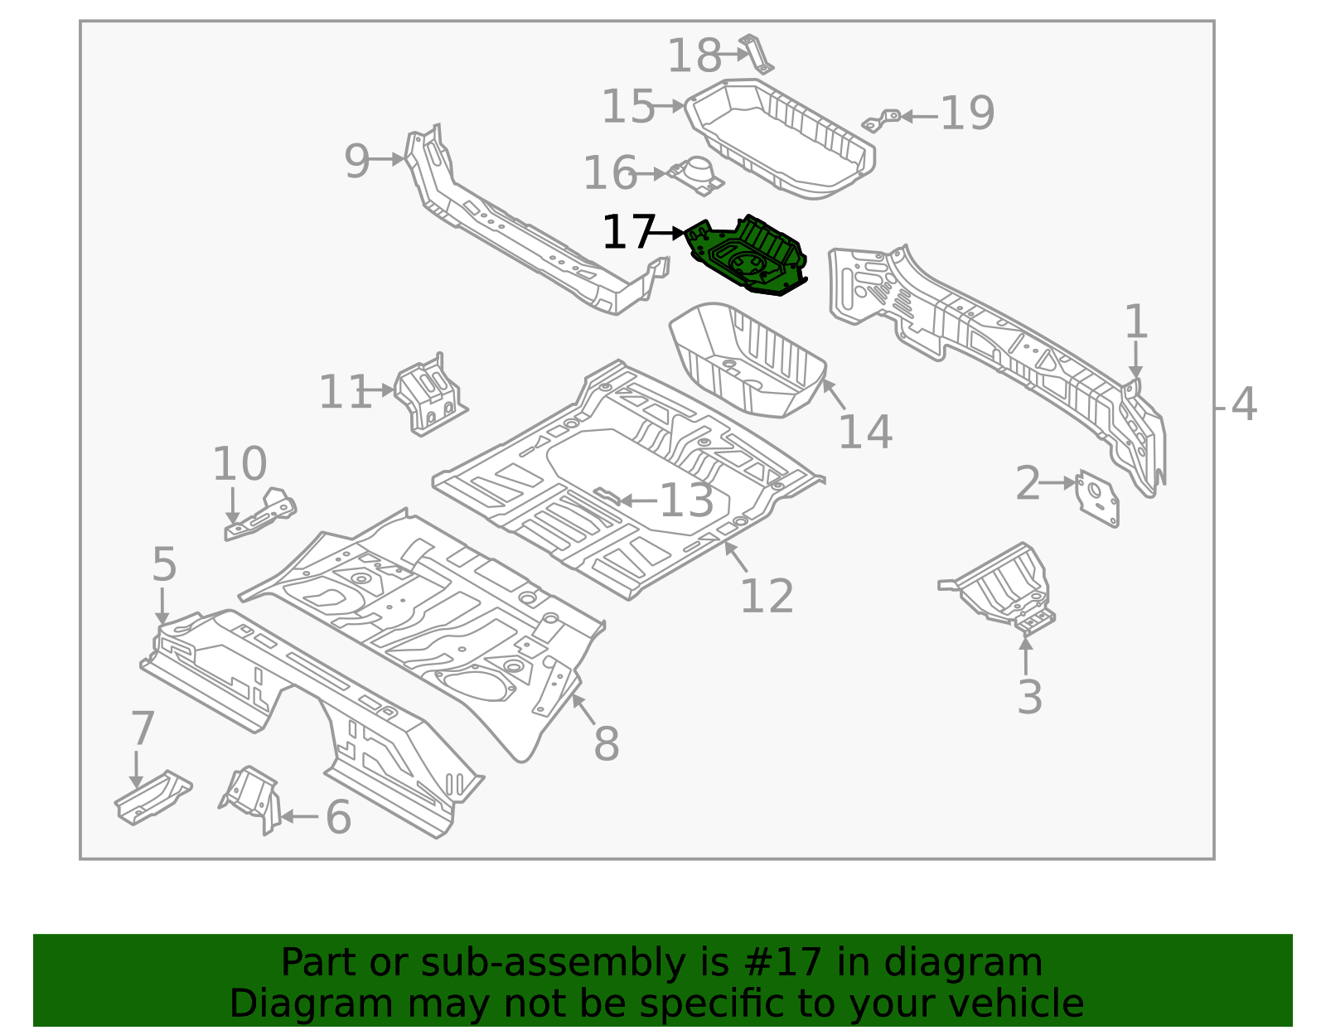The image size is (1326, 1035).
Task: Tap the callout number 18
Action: point(694,56)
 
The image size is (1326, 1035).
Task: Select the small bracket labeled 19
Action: point(882,120)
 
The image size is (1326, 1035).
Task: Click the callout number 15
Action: point(627,107)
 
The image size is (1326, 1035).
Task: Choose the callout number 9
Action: point(356,161)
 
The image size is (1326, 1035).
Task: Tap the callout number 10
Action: point(240,463)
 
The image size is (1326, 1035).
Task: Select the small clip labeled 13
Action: point(607,497)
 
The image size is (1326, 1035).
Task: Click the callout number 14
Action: point(864,432)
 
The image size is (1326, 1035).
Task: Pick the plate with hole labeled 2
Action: point(1096,498)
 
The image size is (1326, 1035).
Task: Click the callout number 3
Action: point(1028,696)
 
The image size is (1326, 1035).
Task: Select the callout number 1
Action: point(1135,322)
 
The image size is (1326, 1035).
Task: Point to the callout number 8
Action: point(606,743)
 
